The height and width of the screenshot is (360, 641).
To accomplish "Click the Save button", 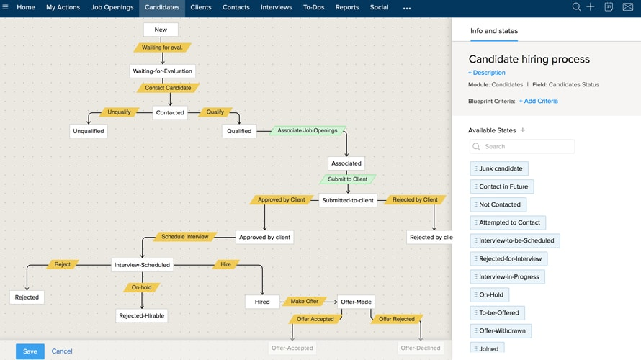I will click(x=30, y=351).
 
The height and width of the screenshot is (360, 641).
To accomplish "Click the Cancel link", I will click(x=62, y=351).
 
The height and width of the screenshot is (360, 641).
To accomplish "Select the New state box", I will click(x=161, y=30).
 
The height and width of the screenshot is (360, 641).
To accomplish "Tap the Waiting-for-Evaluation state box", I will click(x=163, y=71).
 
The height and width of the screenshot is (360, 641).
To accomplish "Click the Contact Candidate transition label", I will click(x=168, y=88).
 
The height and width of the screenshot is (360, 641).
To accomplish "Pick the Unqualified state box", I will click(x=89, y=131).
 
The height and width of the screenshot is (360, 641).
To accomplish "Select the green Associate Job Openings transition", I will click(x=308, y=131).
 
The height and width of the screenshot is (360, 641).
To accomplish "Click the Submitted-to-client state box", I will click(x=348, y=200).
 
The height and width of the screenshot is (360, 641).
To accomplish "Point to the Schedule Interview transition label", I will click(x=185, y=237).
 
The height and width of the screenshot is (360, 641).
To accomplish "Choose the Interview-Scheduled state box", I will click(x=143, y=265).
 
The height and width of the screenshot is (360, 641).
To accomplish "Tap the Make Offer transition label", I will click(x=304, y=302).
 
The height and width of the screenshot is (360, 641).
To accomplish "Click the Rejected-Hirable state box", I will click(x=142, y=315).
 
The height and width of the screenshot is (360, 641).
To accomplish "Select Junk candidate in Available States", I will click(x=500, y=168).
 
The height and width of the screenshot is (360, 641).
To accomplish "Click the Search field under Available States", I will click(x=522, y=147).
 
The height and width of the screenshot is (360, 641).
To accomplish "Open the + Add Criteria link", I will click(x=539, y=102).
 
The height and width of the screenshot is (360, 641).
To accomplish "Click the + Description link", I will click(x=487, y=73).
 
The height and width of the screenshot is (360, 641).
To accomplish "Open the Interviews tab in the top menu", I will click(x=276, y=8).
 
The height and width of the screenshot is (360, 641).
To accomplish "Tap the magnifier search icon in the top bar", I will click(x=576, y=7).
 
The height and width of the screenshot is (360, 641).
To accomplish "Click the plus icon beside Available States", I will click(x=523, y=130).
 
